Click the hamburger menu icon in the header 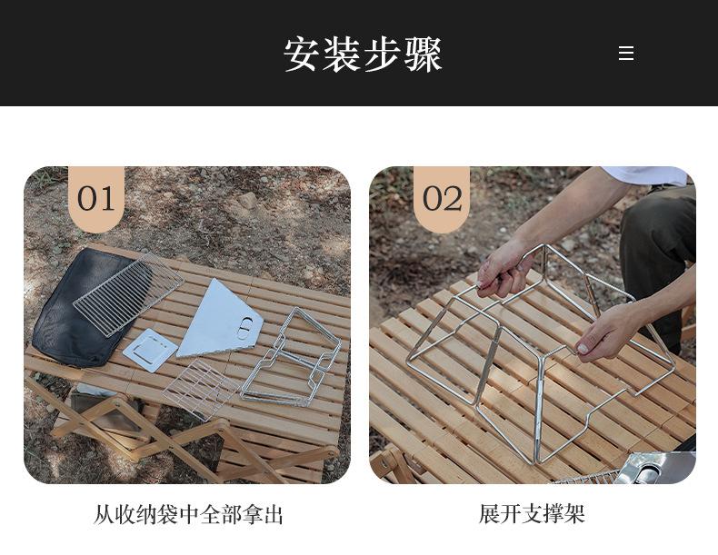[626, 54]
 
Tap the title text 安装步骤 [363, 55]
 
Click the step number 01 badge [96, 198]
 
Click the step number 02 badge [443, 198]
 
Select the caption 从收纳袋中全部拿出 [188, 515]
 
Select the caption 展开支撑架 [532, 514]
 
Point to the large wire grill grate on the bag [127, 291]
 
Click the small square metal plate [150, 350]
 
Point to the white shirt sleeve [647, 174]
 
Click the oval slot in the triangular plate [244, 330]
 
